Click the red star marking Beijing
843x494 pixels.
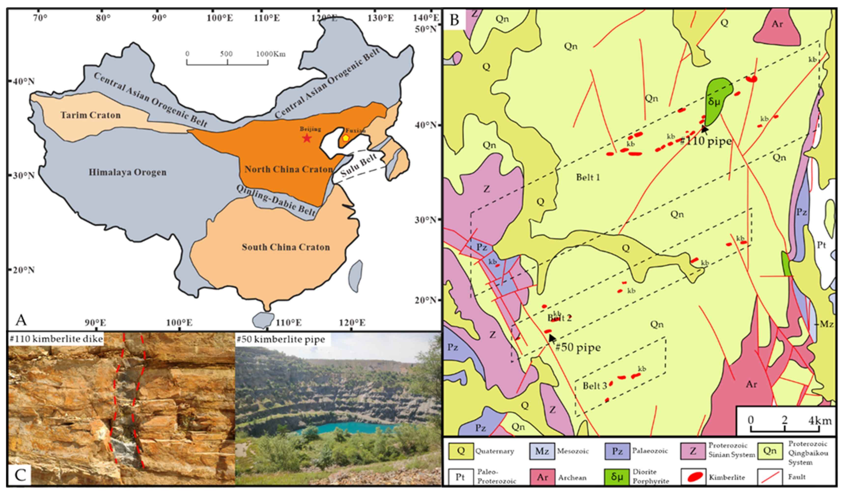coord(307,138)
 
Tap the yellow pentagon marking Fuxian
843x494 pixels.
coord(346,138)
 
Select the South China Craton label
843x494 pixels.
coord(286,247)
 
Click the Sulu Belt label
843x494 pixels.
coord(359,165)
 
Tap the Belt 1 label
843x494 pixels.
coord(588,177)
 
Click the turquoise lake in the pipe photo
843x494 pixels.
coord(348,427)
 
